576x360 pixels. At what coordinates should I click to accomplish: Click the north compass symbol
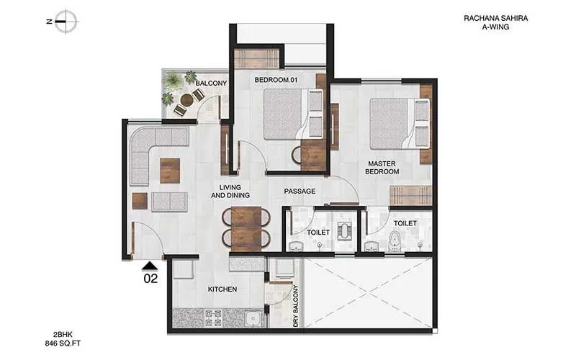(66, 21)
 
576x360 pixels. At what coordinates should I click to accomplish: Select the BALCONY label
(211, 84)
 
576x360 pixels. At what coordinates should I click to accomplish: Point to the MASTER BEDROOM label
(383, 168)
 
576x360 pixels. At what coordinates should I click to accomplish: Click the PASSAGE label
(300, 191)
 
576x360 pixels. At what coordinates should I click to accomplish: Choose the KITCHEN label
(222, 289)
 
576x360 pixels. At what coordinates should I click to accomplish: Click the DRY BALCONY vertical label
(296, 307)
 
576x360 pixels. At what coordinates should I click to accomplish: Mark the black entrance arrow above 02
(149, 264)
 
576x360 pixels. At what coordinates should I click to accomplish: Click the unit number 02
(150, 276)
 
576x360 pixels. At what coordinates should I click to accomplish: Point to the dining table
(246, 228)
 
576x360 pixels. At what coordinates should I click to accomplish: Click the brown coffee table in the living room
(170, 170)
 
